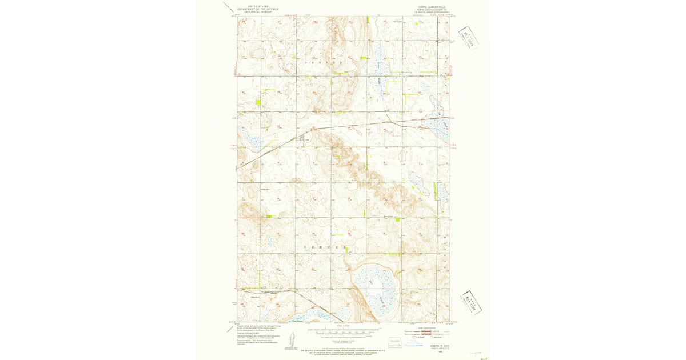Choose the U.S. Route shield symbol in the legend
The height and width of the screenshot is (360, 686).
pos(415,338)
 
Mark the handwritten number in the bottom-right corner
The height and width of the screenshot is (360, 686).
pos(484,358)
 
